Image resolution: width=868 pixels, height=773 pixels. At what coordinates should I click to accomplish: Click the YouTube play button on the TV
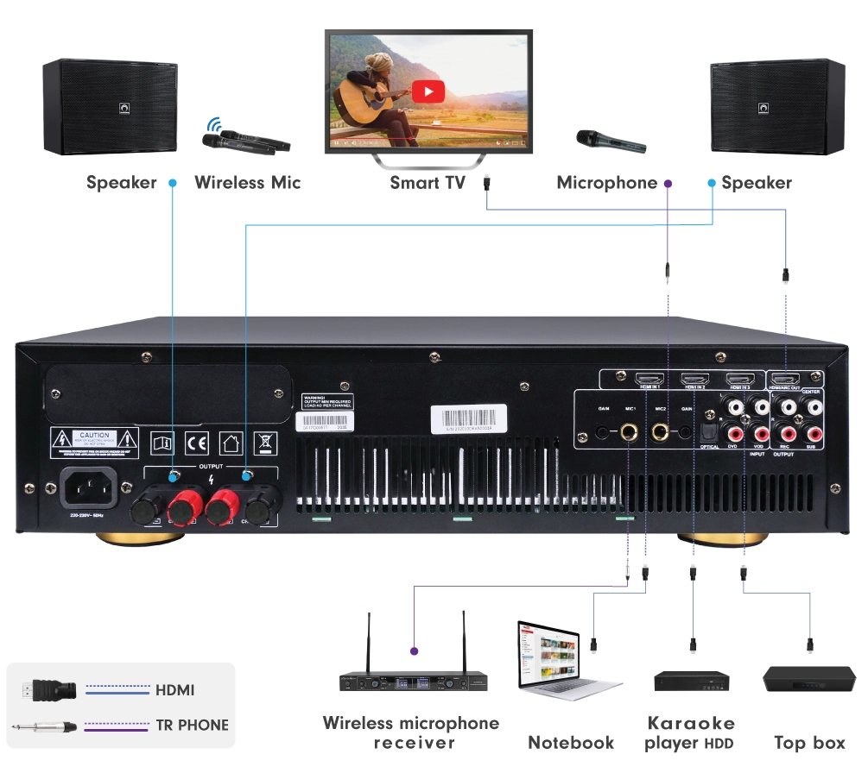(x=428, y=91)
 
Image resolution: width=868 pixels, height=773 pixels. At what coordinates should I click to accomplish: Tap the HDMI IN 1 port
(x=648, y=380)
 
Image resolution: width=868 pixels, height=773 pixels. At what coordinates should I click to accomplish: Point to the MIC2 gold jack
(x=662, y=429)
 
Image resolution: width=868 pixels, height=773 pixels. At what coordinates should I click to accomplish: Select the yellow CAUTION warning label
(x=93, y=441)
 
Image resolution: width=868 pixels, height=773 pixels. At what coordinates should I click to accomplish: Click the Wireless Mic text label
(x=247, y=183)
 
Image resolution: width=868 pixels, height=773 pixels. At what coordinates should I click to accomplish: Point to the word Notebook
(x=571, y=743)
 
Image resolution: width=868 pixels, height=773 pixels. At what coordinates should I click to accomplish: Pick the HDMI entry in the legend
(x=175, y=690)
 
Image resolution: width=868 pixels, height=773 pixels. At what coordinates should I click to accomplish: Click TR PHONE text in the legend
(x=192, y=726)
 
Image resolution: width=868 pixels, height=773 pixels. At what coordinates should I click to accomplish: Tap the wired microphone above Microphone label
(x=611, y=141)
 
